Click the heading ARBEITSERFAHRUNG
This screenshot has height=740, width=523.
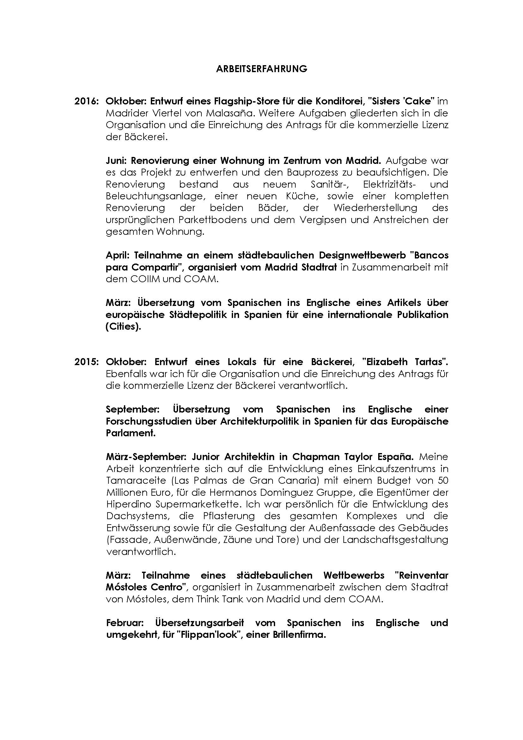pyautogui.click(x=261, y=69)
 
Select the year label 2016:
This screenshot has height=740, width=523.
pyautogui.click(x=86, y=101)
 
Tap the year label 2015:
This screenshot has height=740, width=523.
pyautogui.click(x=86, y=362)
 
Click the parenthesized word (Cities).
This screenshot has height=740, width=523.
pyautogui.click(x=123, y=326)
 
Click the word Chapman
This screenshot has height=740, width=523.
pyautogui.click(x=311, y=457)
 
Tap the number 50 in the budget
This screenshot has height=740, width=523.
pyautogui.click(x=443, y=481)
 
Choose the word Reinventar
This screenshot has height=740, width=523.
pyautogui.click(x=421, y=575)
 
